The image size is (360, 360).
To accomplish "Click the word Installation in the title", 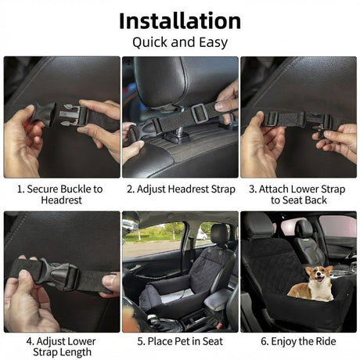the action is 180,21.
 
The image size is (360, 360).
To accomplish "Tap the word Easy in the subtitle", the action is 214,42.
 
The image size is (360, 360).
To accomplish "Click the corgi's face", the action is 320,276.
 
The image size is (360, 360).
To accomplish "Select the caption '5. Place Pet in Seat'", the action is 180,341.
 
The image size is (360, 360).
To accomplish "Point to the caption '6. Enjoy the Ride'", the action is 298,341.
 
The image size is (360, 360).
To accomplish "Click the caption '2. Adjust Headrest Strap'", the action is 181,189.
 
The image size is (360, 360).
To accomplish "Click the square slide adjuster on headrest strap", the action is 199,113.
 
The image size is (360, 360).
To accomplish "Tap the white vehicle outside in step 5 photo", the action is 201,235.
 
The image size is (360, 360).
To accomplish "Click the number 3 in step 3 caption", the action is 252,189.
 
